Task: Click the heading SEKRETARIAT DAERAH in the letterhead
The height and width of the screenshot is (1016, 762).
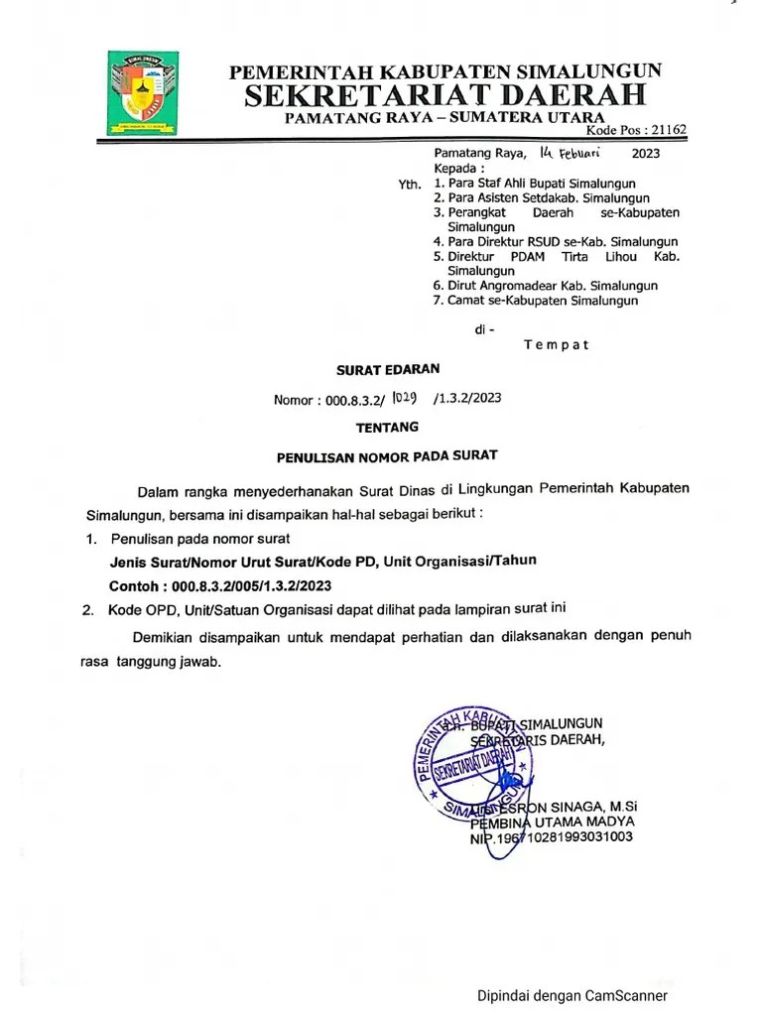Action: coord(445,95)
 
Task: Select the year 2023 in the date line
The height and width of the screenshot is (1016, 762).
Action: coord(645,154)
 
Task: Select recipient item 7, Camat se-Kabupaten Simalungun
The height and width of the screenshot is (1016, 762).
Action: coord(542,301)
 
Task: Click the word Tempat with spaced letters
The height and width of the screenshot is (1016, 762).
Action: coord(556,345)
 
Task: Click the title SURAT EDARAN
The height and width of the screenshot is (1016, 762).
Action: coord(374,369)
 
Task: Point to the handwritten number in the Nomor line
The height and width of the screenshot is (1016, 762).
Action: coord(409,398)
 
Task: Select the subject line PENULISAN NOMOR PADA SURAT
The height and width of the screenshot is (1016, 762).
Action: coord(386,456)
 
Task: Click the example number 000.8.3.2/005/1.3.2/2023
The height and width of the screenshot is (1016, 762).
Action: coord(251,585)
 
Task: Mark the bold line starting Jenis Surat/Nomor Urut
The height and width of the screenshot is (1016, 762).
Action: coord(323,561)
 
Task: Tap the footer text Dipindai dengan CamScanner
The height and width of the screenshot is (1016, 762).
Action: coord(572,996)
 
